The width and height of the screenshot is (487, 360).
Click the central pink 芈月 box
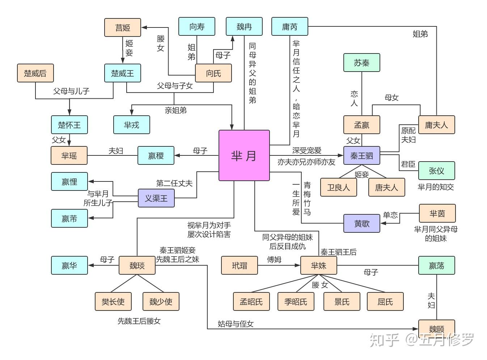(x=244, y=155)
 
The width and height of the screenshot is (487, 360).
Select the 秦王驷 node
(x=361, y=156)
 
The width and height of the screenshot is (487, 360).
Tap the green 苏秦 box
(x=361, y=63)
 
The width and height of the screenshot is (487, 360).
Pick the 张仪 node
(x=436, y=171)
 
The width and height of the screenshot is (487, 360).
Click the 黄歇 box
(x=361, y=223)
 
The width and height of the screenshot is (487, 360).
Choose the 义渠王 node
(x=156, y=198)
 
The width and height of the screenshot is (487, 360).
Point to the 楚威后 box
(x=35, y=73)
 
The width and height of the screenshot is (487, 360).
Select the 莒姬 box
(x=122, y=27)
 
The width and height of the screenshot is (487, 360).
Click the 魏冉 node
(x=244, y=26)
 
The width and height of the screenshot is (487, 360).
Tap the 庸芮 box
(x=289, y=26)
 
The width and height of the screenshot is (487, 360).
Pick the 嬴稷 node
(x=156, y=155)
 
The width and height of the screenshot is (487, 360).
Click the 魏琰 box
(x=137, y=265)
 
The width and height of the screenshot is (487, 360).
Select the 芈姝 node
(x=318, y=265)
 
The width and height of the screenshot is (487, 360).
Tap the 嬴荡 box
(x=436, y=265)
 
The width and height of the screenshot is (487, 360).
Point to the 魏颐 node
(x=436, y=329)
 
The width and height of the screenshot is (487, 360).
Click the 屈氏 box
(x=385, y=301)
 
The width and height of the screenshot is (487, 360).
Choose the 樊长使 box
(x=113, y=301)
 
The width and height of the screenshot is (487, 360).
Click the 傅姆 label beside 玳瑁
(x=274, y=260)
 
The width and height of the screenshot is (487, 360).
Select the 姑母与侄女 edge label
(x=236, y=324)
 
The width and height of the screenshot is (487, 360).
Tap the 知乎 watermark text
(x=384, y=340)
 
